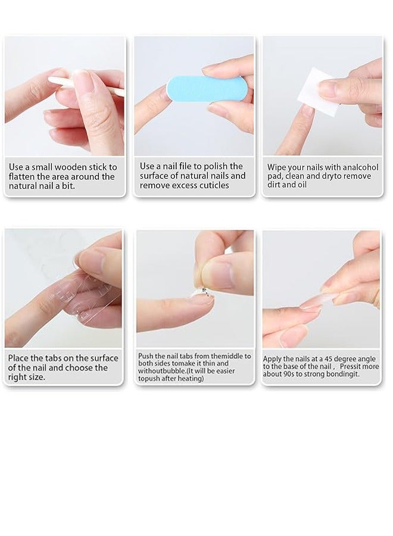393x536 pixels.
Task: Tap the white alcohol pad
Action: (x=322, y=89)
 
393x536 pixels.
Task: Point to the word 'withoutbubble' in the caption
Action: (x=163, y=370)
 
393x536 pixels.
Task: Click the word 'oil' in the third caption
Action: (x=304, y=185)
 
